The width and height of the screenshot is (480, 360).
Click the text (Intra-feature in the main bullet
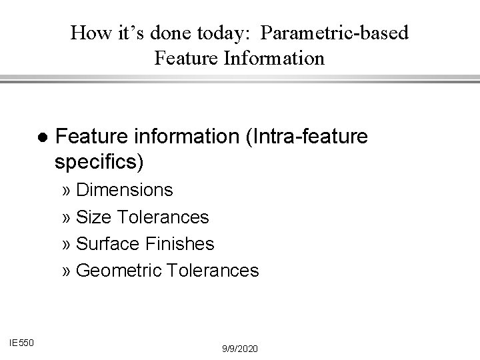pyautogui.click(x=307, y=137)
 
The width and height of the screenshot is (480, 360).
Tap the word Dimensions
pyautogui.click(x=125, y=190)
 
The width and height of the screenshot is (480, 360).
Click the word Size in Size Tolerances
pyautogui.click(x=92, y=217)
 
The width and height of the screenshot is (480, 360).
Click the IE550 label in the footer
pyautogui.click(x=23, y=343)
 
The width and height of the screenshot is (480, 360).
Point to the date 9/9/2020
pyautogui.click(x=240, y=349)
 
